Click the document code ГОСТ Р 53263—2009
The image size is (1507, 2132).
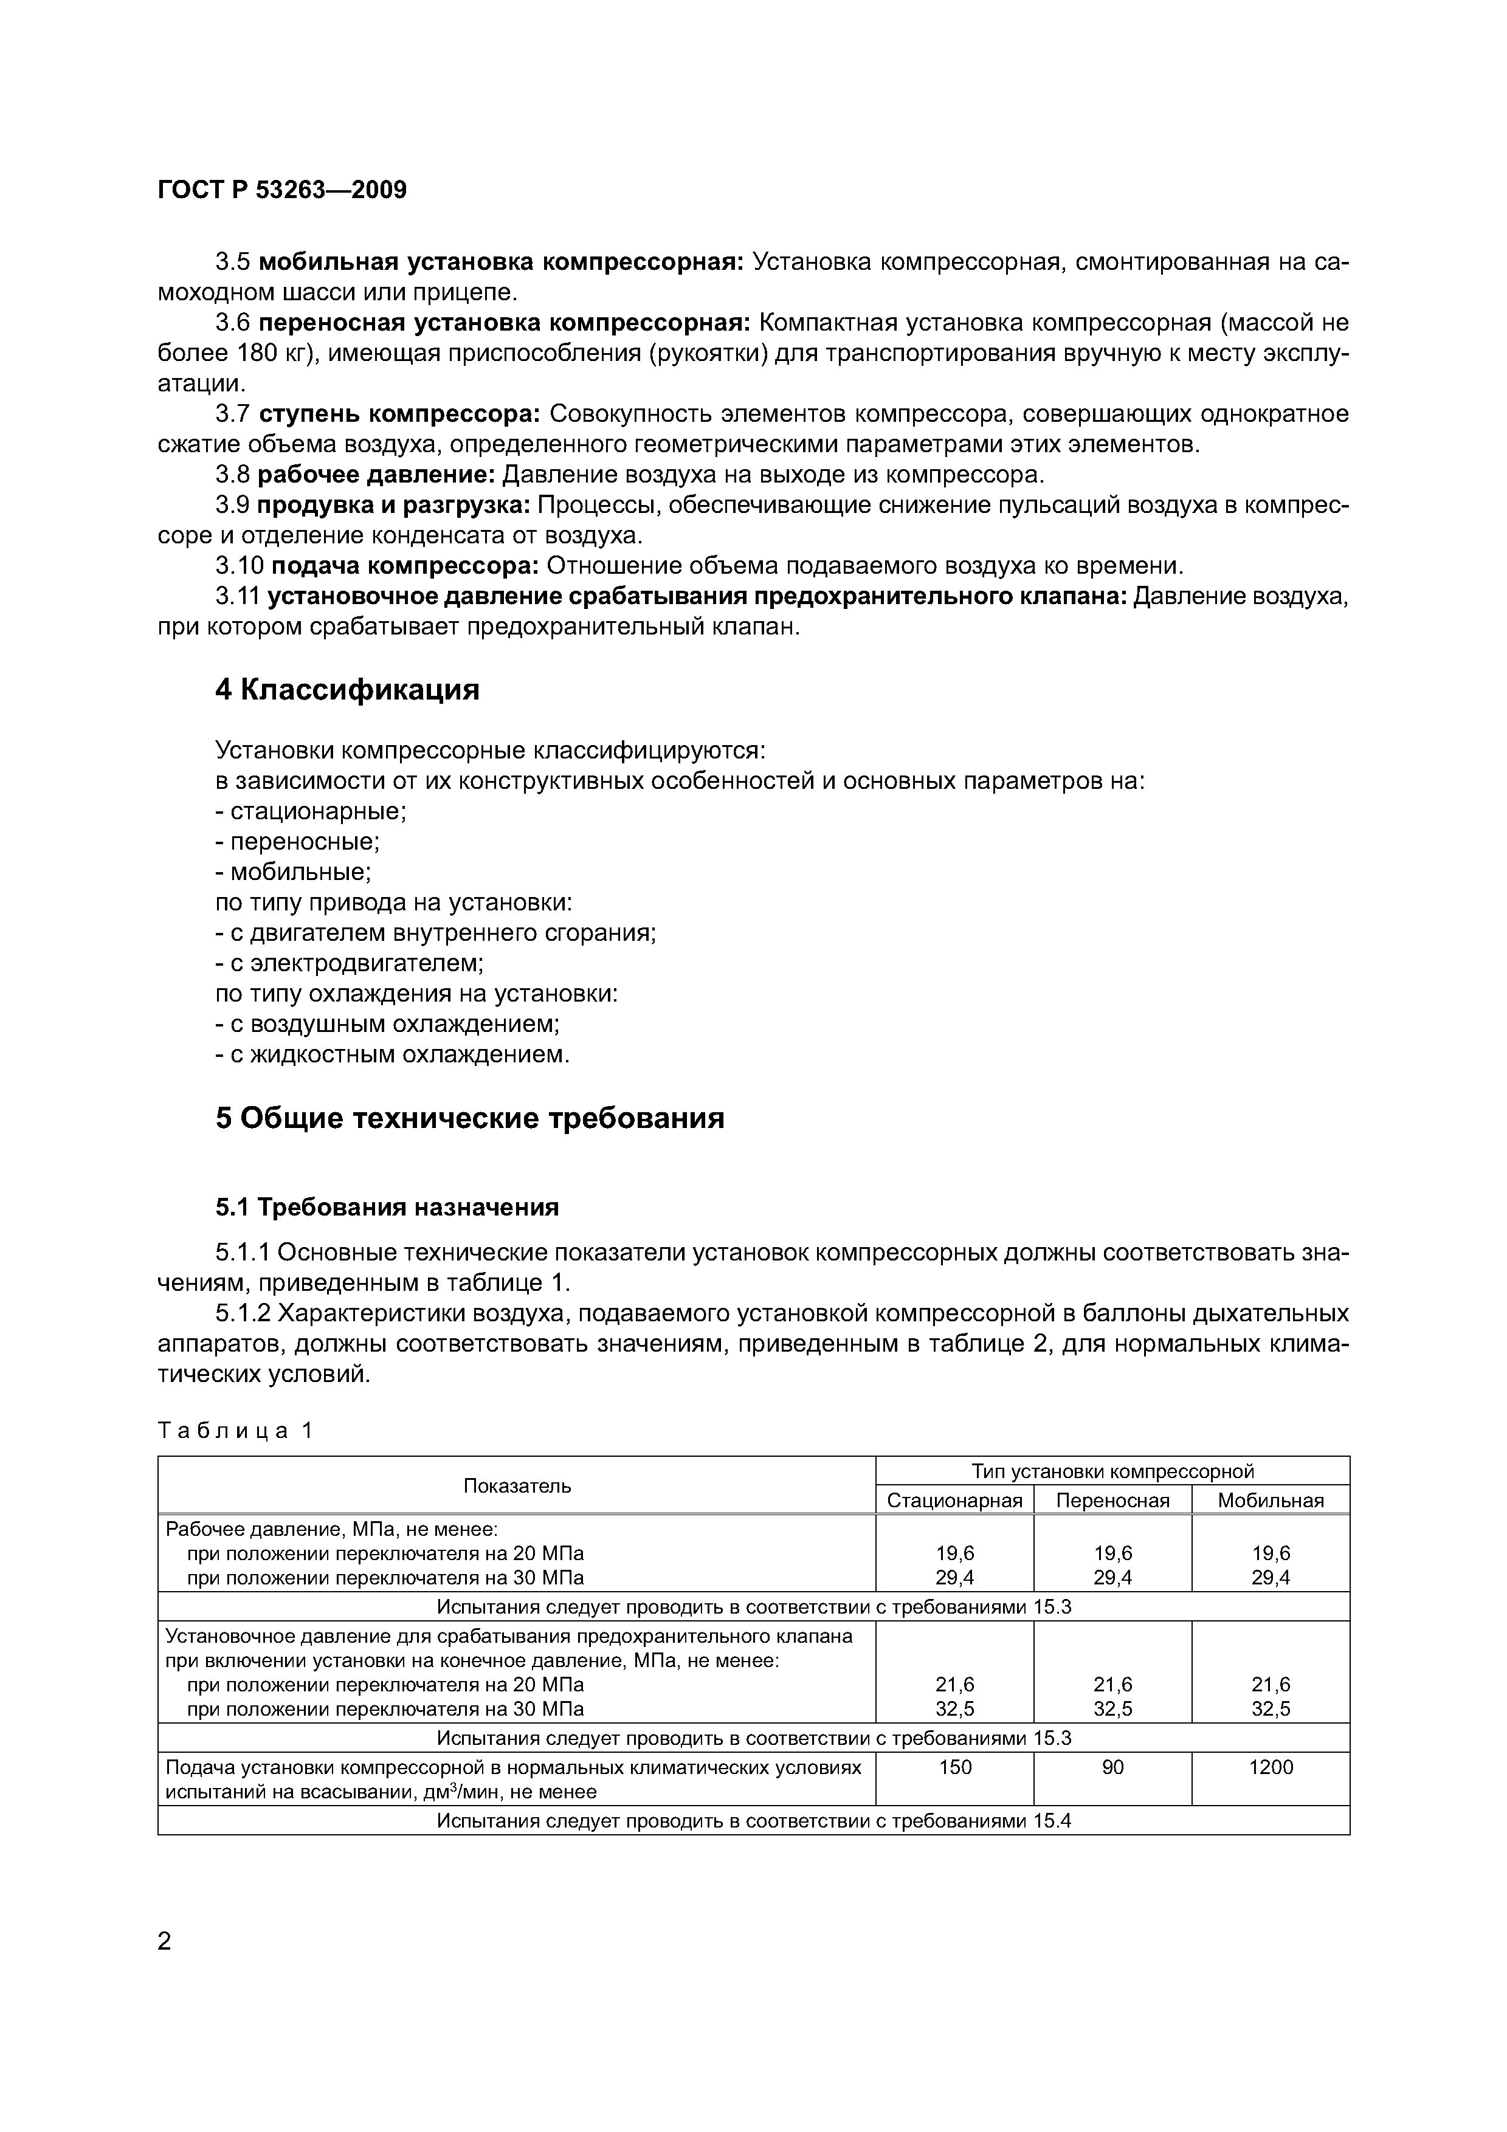tap(282, 190)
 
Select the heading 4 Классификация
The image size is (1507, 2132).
tap(347, 690)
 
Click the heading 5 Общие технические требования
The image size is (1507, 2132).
tap(470, 1118)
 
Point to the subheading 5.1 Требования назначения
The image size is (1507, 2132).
tap(387, 1207)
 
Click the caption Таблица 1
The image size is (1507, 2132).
tap(236, 1431)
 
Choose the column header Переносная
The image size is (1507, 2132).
tap(1112, 1501)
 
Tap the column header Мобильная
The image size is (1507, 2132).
tap(1271, 1501)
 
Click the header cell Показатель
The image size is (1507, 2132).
tap(517, 1486)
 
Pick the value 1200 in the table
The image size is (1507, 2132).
tap(1271, 1768)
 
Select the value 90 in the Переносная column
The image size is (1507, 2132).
tap(1112, 1768)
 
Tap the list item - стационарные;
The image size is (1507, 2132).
tap(311, 811)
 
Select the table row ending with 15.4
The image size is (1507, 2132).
tap(753, 1821)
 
